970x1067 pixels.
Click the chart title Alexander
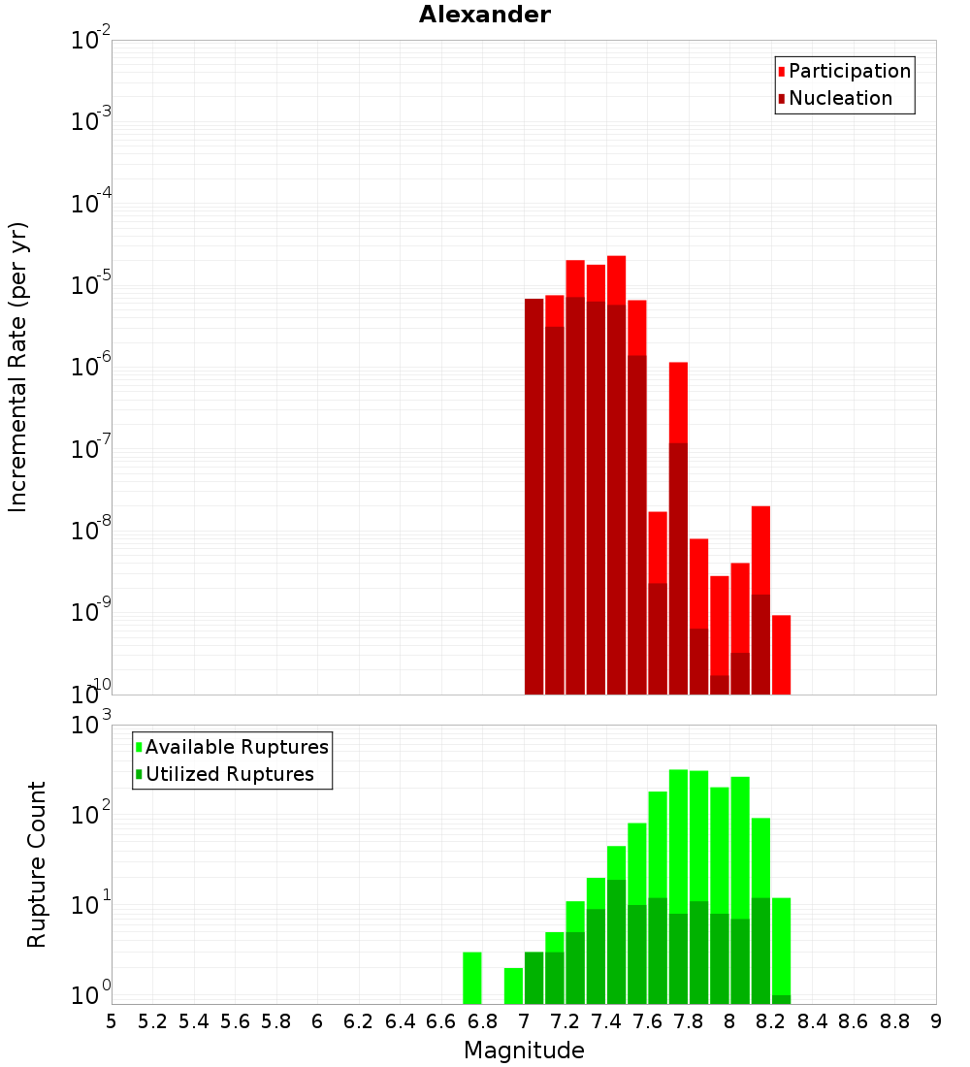click(x=485, y=16)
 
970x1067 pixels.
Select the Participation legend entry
click(x=850, y=71)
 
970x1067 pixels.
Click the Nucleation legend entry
click(x=840, y=98)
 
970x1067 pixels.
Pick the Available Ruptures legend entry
click(x=237, y=747)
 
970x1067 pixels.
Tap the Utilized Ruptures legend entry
click(x=229, y=774)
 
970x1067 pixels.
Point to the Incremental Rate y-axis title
click(x=19, y=367)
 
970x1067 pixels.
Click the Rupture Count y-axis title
click(x=37, y=863)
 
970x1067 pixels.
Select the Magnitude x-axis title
click(x=524, y=1051)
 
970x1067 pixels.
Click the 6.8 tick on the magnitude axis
click(x=482, y=1021)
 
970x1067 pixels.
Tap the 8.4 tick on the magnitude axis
click(x=812, y=1021)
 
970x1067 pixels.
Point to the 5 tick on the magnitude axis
click(x=112, y=1021)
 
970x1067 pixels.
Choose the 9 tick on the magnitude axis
click(x=936, y=1021)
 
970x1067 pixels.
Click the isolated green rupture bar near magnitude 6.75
click(x=472, y=978)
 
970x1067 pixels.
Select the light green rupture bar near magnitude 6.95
click(x=513, y=986)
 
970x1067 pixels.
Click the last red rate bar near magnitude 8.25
click(x=781, y=655)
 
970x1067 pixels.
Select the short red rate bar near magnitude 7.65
click(x=658, y=602)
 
